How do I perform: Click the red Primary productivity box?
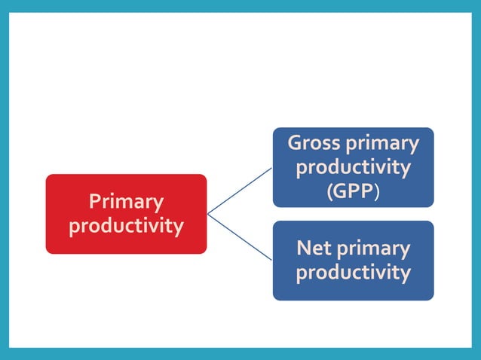click(x=126, y=214)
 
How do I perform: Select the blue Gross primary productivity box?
click(x=353, y=167)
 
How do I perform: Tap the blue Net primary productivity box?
click(x=353, y=261)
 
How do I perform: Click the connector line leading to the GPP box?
click(x=240, y=191)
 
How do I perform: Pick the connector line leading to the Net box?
click(x=240, y=237)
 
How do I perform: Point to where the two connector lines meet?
click(x=207, y=214)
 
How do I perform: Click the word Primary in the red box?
click(x=126, y=202)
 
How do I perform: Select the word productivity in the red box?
click(x=126, y=226)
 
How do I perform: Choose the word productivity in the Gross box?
click(x=353, y=167)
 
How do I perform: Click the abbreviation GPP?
click(x=353, y=191)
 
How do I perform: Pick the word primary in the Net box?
click(x=373, y=249)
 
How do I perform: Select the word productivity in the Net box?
click(x=353, y=272)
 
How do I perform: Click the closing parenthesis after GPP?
click(x=376, y=191)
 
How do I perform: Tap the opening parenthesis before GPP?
click(x=329, y=191)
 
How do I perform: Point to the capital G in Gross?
click(x=295, y=143)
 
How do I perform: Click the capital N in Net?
click(x=303, y=248)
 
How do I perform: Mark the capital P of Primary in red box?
click(x=94, y=202)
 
